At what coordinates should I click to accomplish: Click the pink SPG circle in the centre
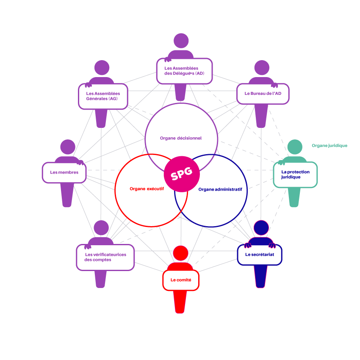182,174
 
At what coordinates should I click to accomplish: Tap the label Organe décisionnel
181,138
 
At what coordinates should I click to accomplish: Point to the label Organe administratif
223,189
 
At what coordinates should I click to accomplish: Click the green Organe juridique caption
329,146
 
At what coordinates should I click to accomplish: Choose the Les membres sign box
64,172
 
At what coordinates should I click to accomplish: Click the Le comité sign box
181,280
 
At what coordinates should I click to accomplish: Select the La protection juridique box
295,174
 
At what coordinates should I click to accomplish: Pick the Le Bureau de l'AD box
263,93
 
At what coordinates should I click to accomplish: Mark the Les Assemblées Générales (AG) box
103,96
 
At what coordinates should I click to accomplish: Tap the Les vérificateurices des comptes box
105,257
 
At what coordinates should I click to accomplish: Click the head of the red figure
180,253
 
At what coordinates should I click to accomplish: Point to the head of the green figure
295,147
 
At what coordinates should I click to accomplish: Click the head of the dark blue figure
261,228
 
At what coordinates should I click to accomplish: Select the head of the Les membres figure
68,147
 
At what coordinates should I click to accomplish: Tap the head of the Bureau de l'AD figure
262,68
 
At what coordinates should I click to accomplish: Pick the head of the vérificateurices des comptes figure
101,228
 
